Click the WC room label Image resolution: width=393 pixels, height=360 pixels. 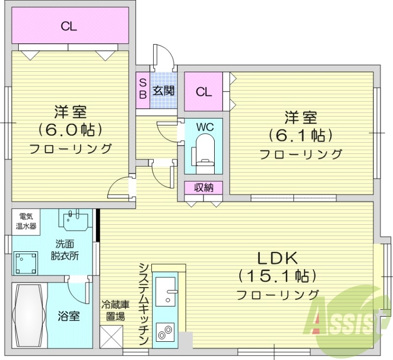pyautogui.click(x=204, y=126)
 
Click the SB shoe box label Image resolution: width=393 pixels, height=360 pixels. pyautogui.click(x=142, y=87)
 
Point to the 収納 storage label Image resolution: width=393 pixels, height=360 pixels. pyautogui.click(x=203, y=187)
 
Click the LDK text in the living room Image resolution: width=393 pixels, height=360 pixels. pyautogui.click(x=276, y=257)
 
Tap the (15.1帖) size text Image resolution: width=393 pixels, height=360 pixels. pyautogui.click(x=276, y=275)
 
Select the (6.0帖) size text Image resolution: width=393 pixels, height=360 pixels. pyautogui.click(x=70, y=129)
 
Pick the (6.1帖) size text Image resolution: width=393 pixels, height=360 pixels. pyautogui.click(x=300, y=134)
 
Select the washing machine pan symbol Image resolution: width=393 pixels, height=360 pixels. pyautogui.click(x=26, y=262)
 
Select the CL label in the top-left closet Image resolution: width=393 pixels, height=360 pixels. pyautogui.click(x=69, y=27)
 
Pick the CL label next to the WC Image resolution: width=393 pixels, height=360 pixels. pyautogui.click(x=203, y=92)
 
